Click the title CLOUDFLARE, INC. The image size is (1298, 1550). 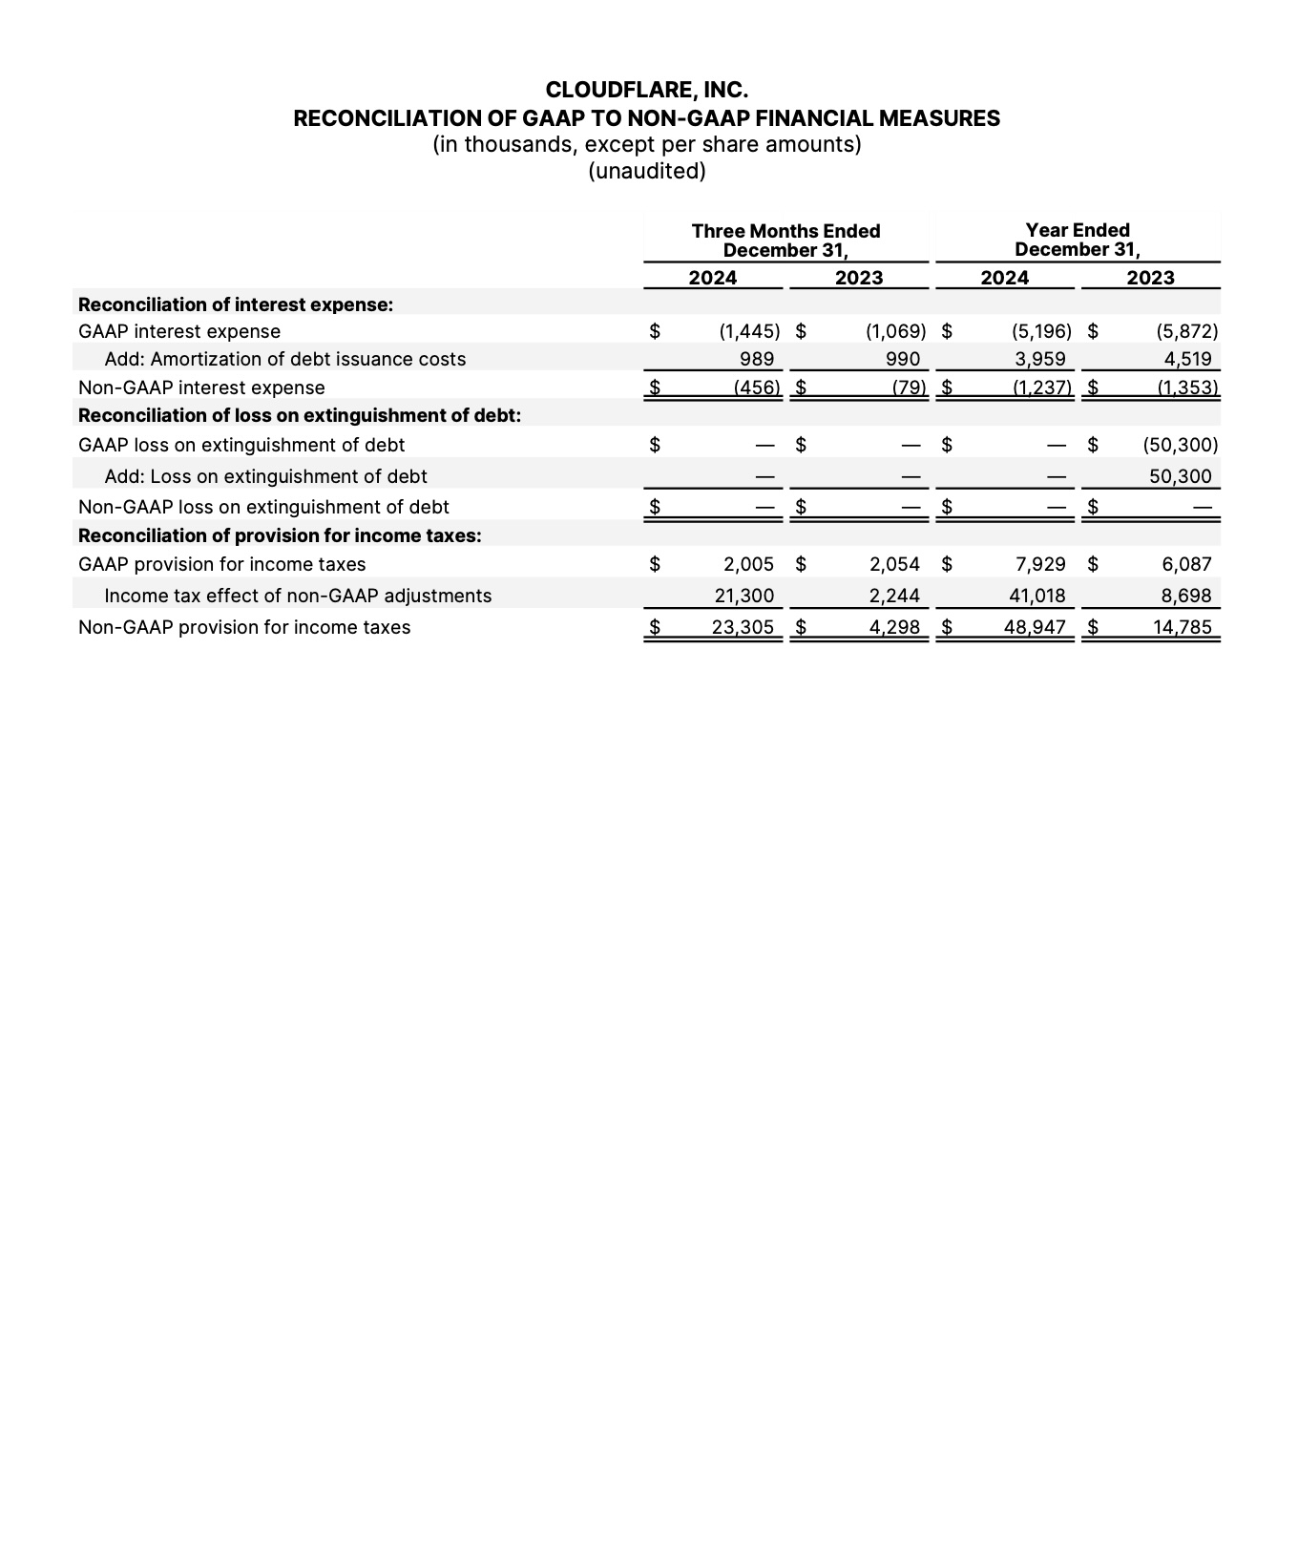point(647,90)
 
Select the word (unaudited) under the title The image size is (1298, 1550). point(647,171)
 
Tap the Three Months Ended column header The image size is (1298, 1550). point(785,231)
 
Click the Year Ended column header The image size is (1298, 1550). point(1077,230)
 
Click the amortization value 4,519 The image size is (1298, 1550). point(1187,359)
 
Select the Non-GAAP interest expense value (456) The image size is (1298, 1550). point(757,387)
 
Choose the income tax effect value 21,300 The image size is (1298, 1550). point(744,596)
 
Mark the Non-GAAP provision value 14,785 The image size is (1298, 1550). point(1183,627)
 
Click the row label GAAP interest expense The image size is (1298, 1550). point(179,331)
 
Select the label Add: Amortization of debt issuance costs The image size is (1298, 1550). point(284,359)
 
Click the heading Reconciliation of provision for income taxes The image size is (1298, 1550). point(280,535)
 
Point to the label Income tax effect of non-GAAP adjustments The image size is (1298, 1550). point(298,596)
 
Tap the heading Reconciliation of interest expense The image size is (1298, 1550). point(236,304)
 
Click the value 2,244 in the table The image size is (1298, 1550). point(894,596)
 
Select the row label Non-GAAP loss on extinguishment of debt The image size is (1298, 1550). point(263,507)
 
